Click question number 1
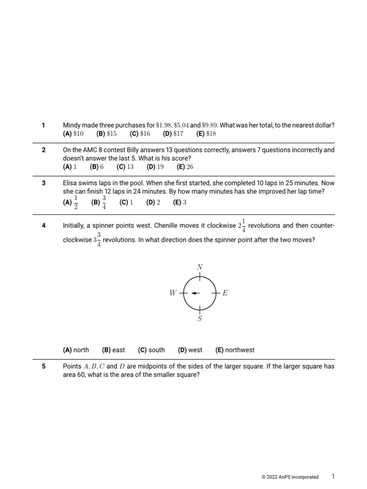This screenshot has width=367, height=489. pos(43,125)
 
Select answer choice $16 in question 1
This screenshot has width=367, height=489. pos(145,134)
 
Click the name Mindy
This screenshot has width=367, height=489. pos(72,125)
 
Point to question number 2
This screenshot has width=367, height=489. pos(43,150)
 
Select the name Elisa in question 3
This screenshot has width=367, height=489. pos(70,183)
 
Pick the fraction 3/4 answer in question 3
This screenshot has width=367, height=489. pos(104,202)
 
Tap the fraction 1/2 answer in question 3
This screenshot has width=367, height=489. pos(76,202)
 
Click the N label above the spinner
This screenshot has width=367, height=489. pos(200,267)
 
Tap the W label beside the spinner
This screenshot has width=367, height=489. pos(173,293)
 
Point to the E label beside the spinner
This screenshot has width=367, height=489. pos(225,293)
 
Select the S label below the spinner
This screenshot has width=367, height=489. pos(200,319)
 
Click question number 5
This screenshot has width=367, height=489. pos(43,367)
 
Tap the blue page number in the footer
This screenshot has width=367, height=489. pos(333,476)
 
